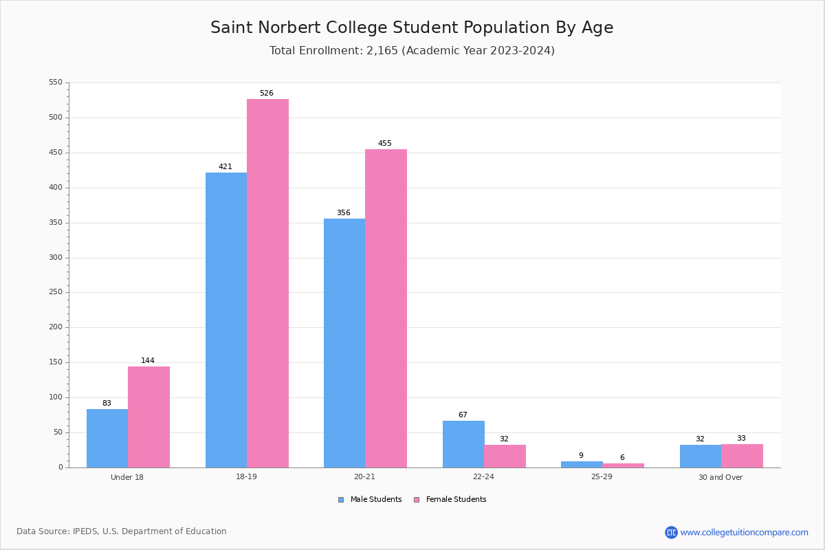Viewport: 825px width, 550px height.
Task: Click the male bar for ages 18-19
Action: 226,320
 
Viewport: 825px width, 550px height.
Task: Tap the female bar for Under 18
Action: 148,417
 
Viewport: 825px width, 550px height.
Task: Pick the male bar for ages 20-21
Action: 344,343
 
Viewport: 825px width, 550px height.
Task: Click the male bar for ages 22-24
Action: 463,444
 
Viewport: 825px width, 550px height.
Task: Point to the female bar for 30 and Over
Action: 742,456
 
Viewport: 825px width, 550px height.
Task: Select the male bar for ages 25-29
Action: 582,465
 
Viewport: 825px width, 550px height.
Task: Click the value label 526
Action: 267,93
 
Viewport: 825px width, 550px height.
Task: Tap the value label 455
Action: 385,144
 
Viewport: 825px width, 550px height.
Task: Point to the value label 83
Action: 107,404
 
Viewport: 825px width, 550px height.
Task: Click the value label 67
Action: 463,415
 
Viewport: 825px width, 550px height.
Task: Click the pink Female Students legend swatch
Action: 417,500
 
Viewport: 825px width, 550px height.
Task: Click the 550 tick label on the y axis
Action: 55,82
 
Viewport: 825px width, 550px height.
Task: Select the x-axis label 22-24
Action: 483,477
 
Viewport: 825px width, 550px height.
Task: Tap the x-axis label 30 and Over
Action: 720,477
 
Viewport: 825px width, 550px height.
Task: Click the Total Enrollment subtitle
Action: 412,51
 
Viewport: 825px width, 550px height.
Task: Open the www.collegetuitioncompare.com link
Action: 744,532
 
